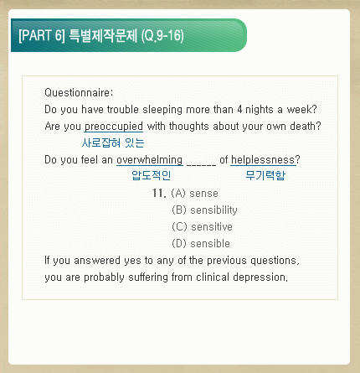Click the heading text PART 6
pyautogui.click(x=42, y=35)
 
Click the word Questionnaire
pyautogui.click(x=78, y=92)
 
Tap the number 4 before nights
pyautogui.click(x=239, y=109)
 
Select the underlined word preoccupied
pyautogui.click(x=114, y=127)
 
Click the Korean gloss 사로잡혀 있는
pyautogui.click(x=113, y=142)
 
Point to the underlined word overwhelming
pyautogui.click(x=150, y=160)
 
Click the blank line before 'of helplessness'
pyautogui.click(x=201, y=165)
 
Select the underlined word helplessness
pyautogui.click(x=263, y=160)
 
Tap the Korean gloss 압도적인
pyautogui.click(x=151, y=175)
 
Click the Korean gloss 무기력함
pyautogui.click(x=265, y=175)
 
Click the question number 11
pyautogui.click(x=159, y=193)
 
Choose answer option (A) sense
pyautogui.click(x=194, y=193)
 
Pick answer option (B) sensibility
pyautogui.click(x=204, y=210)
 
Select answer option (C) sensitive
pyautogui.click(x=202, y=226)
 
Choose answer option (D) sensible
pyautogui.click(x=201, y=243)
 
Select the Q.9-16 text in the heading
pyautogui.click(x=162, y=36)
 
